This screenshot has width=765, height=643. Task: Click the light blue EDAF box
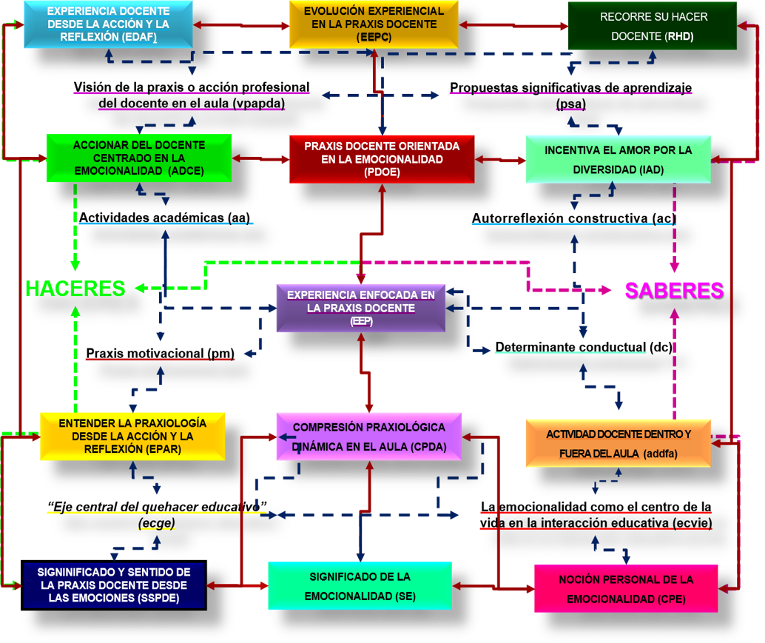tap(108, 24)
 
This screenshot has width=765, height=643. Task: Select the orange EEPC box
tap(374, 24)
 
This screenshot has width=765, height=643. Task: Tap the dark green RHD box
tap(652, 26)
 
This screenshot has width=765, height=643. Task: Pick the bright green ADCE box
tap(138, 158)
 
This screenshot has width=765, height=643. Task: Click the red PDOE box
tap(382, 158)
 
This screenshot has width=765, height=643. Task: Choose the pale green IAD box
tap(618, 159)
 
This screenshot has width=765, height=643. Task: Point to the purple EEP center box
tap(360, 308)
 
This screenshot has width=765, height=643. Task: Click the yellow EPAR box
tap(132, 437)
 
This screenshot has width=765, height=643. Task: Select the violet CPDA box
tap(368, 437)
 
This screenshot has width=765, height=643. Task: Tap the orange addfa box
tap(618, 443)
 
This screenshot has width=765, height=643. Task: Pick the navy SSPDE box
tap(114, 585)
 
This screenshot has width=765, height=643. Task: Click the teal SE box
tap(360, 586)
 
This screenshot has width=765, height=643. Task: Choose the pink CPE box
tap(626, 588)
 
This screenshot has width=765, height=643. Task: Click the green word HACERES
tap(75, 289)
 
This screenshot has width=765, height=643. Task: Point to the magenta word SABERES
tap(673, 290)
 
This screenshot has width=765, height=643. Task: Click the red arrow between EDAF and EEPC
tap(241, 26)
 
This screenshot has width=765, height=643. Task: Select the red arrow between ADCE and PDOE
tap(260, 158)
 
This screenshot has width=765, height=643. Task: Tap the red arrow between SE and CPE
tap(493, 587)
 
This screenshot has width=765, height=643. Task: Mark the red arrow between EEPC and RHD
tap(512, 25)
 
